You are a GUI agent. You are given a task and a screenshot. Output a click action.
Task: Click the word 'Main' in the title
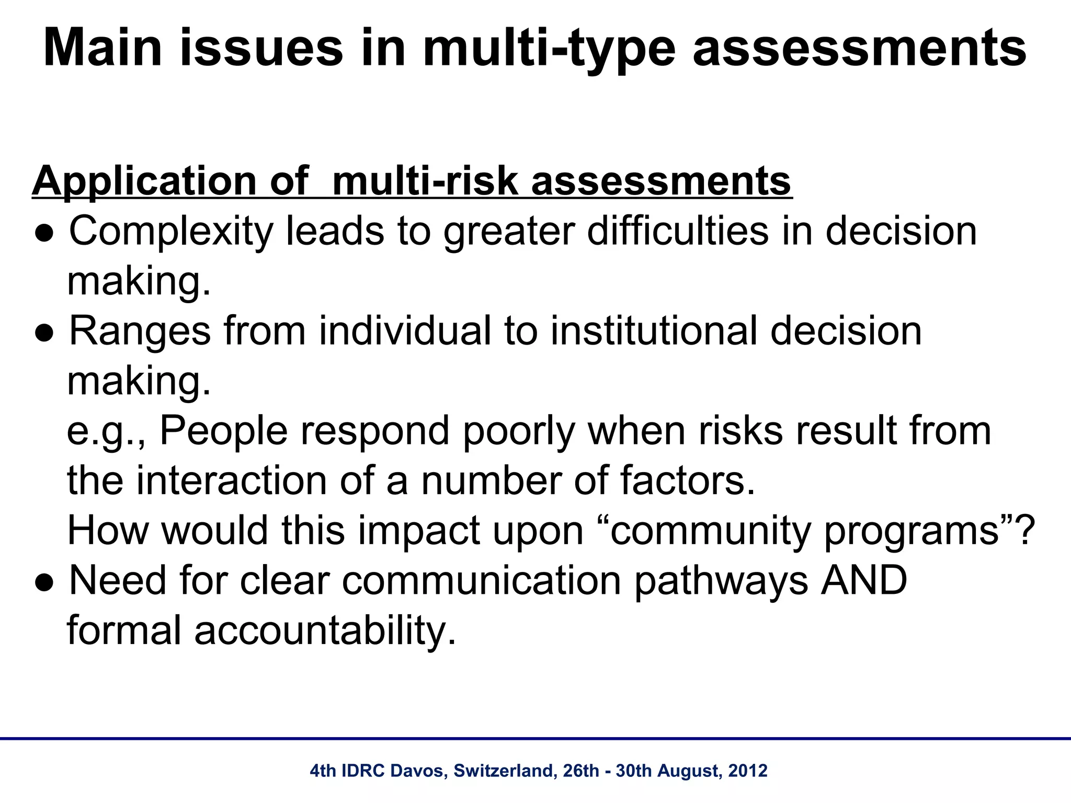pyautogui.click(x=103, y=48)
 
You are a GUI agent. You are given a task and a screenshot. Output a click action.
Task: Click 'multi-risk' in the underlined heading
pyautogui.click(x=426, y=180)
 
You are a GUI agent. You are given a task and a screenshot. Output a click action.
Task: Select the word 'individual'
pyautogui.click(x=405, y=330)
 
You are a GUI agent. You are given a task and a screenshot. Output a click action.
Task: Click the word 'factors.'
pyautogui.click(x=688, y=481)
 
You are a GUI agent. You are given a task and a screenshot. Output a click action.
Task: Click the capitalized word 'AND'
pyautogui.click(x=863, y=580)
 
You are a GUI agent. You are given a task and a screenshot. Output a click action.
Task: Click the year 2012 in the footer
pyautogui.click(x=747, y=771)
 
